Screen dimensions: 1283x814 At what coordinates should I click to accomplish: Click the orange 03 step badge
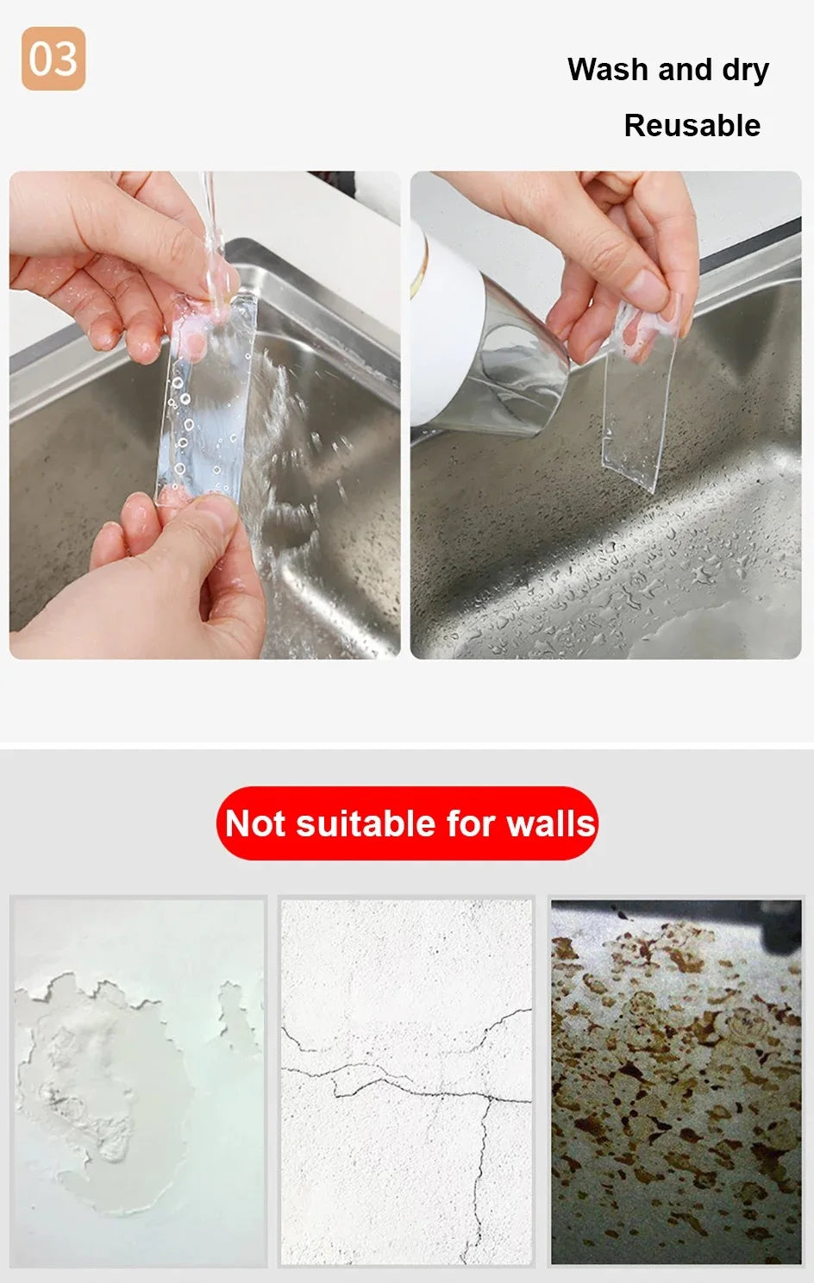pyautogui.click(x=53, y=59)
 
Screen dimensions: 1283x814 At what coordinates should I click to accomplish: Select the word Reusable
pyautogui.click(x=692, y=126)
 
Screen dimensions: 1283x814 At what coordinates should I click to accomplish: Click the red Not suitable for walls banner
pyautogui.click(x=407, y=823)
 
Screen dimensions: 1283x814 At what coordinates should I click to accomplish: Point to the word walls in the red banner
pyautogui.click(x=551, y=823)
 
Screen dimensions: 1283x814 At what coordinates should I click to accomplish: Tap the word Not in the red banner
pyautogui.click(x=255, y=823)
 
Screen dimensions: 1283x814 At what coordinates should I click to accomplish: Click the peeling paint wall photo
pyautogui.click(x=139, y=1081)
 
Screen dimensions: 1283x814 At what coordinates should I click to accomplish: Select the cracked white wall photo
pyautogui.click(x=406, y=1081)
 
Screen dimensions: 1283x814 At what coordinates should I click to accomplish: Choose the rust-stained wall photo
pyautogui.click(x=676, y=1081)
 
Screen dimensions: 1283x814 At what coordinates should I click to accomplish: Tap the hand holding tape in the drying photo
pyautogui.click(x=621, y=250)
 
